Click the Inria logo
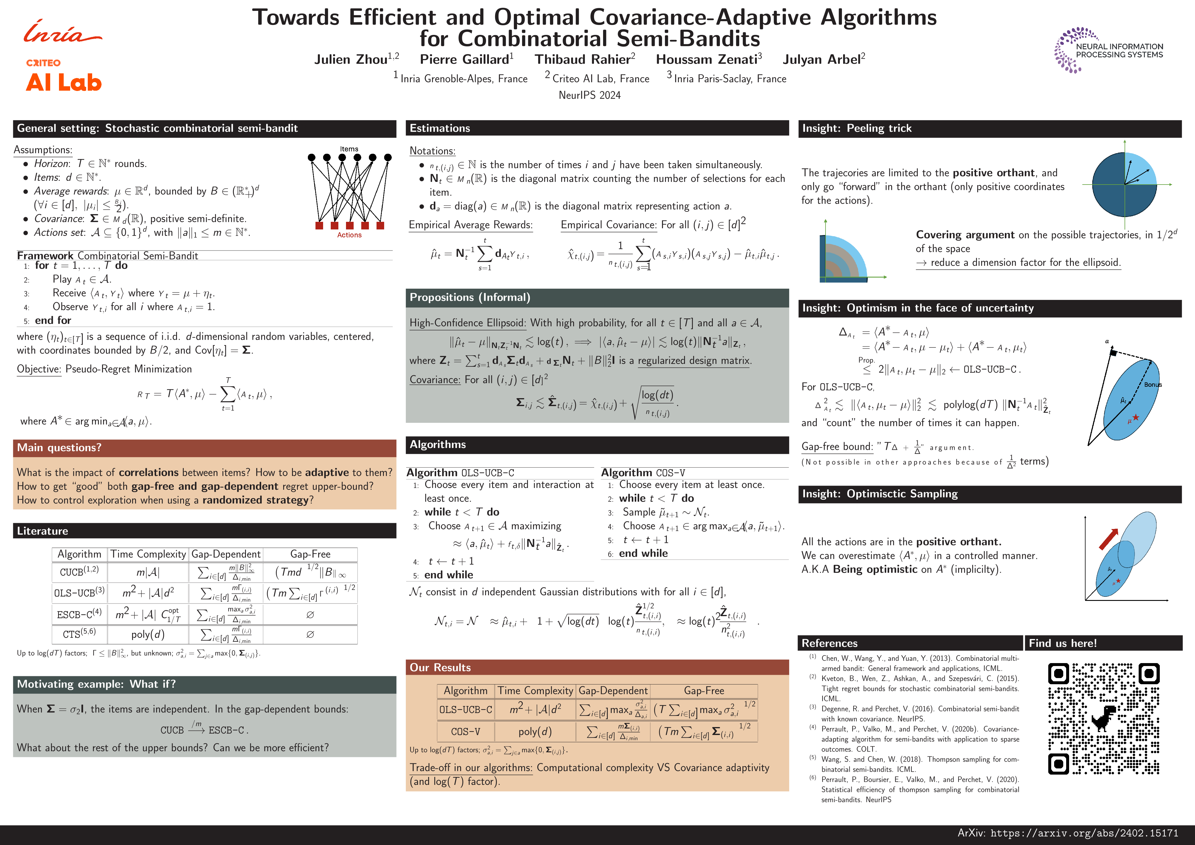[x=63, y=32]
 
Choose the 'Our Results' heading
[x=440, y=667]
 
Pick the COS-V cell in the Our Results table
[x=465, y=731]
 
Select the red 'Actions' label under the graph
[x=349, y=235]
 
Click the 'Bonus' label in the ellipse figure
[x=1153, y=385]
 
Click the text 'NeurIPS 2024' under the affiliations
[x=590, y=95]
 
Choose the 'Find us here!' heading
[x=1063, y=643]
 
